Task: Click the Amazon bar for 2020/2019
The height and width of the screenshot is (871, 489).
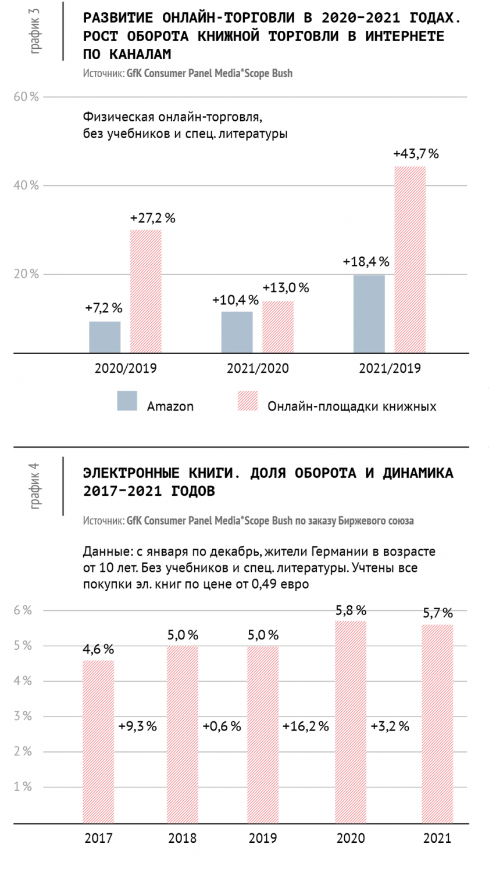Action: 105,337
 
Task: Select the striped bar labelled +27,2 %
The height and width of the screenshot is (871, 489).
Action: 145,291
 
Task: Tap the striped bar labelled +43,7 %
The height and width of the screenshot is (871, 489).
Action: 410,260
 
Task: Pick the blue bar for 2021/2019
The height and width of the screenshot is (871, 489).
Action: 369,314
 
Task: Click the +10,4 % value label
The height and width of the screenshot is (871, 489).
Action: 235,300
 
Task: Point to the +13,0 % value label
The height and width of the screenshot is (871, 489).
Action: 285,288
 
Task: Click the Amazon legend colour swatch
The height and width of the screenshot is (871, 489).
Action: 127,401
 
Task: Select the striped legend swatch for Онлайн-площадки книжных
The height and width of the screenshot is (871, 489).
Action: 248,401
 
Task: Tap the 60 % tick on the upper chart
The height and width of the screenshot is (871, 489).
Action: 27,97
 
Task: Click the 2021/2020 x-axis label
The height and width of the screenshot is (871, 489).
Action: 258,368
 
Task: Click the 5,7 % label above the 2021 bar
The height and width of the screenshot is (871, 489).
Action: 438,613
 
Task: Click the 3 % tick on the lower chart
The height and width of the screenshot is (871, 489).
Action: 23,716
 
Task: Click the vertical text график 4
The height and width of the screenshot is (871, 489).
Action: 35,486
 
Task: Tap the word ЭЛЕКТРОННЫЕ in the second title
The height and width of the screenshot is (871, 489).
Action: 131,473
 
